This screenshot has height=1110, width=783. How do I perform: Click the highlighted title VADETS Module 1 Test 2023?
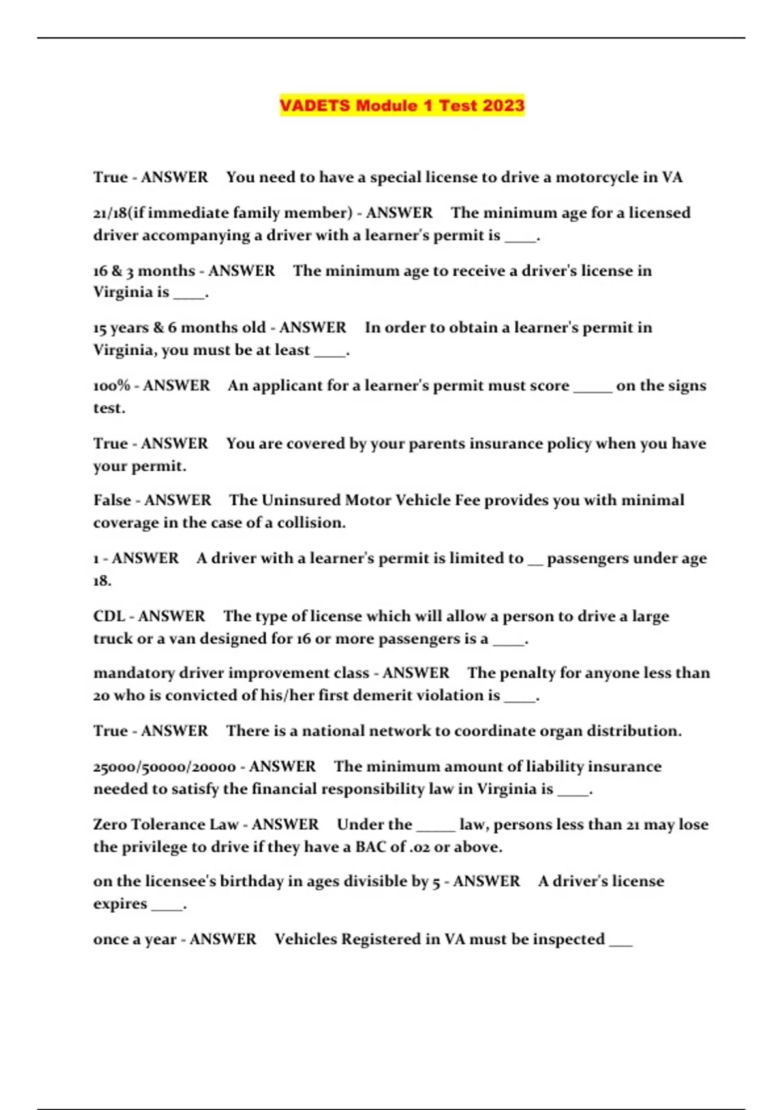tap(402, 105)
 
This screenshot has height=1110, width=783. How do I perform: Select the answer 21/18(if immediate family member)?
tap(223, 213)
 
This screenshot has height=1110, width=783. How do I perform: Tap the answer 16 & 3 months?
tap(144, 271)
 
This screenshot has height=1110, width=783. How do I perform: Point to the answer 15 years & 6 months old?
tap(179, 328)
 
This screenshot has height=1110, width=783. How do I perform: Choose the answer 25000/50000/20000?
tap(164, 767)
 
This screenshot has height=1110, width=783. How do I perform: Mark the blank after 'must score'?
tap(592, 387)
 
